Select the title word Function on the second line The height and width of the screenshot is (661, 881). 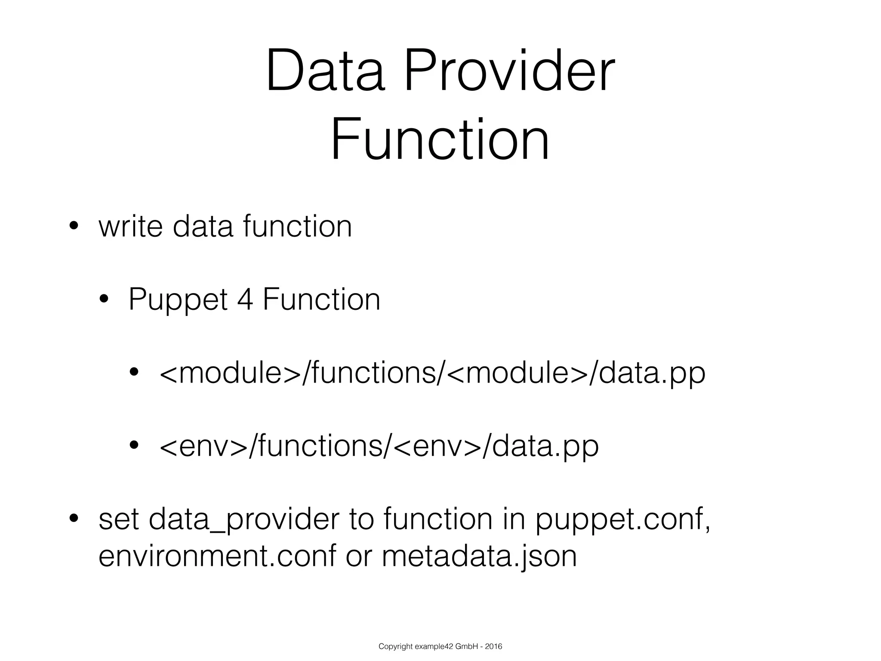click(x=440, y=139)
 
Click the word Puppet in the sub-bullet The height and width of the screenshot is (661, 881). click(x=178, y=300)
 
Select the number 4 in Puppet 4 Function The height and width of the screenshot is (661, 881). click(x=245, y=300)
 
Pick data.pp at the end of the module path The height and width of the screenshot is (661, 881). click(x=652, y=373)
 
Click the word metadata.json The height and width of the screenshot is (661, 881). click(x=479, y=556)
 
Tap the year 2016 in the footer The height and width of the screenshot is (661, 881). click(x=493, y=646)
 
